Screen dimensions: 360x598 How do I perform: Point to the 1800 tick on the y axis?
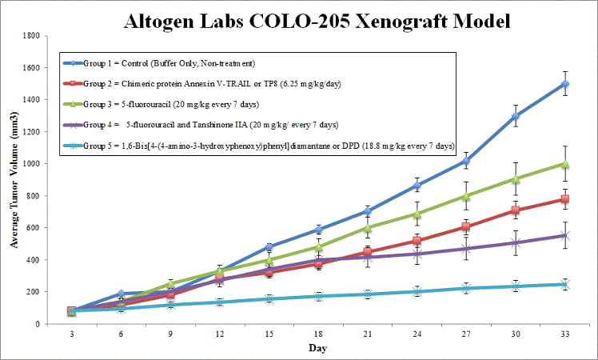click(32, 36)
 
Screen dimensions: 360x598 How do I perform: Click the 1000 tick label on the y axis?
click(32, 164)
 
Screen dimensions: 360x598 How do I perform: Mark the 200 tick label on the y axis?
click(34, 292)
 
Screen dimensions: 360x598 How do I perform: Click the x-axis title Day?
click(318, 349)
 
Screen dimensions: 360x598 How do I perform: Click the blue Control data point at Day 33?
click(565, 84)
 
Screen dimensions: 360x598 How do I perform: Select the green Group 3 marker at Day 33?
click(565, 164)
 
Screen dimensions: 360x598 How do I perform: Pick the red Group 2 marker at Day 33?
click(565, 199)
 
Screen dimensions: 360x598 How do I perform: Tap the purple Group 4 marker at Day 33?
click(565, 235)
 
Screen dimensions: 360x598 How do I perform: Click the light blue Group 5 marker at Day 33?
click(565, 284)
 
